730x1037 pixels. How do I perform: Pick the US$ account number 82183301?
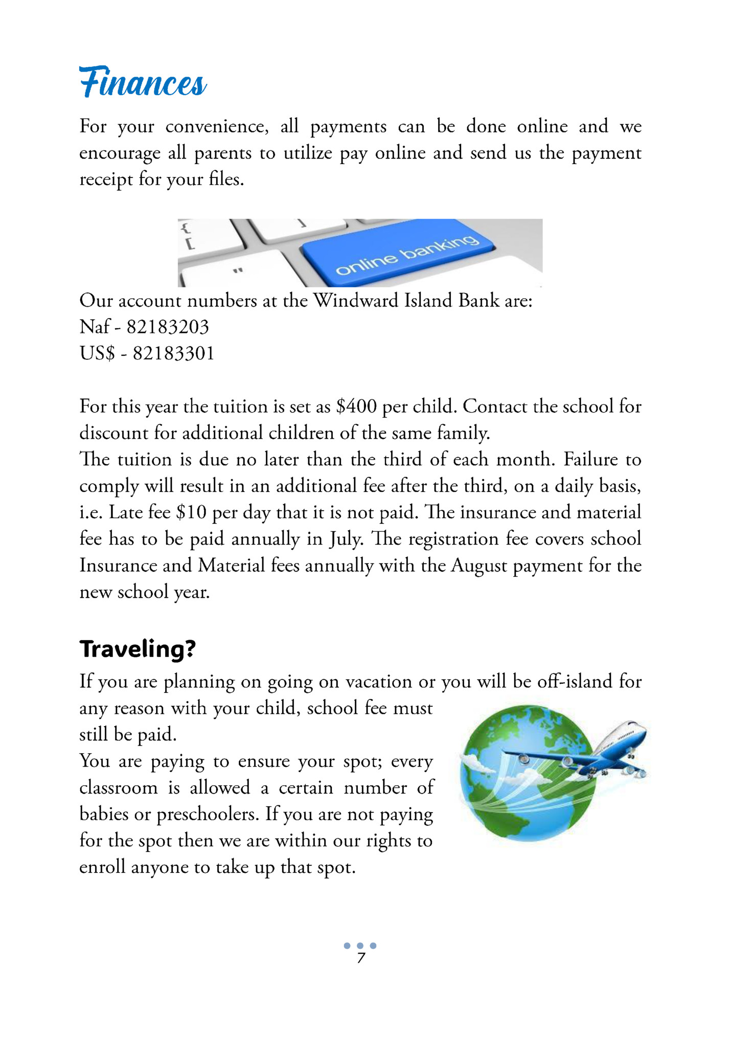pos(173,353)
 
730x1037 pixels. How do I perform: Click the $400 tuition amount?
pos(356,407)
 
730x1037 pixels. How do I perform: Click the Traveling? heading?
pos(138,649)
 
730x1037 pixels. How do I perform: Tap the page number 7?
pos(361,959)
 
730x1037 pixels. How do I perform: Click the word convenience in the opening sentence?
pos(216,126)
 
